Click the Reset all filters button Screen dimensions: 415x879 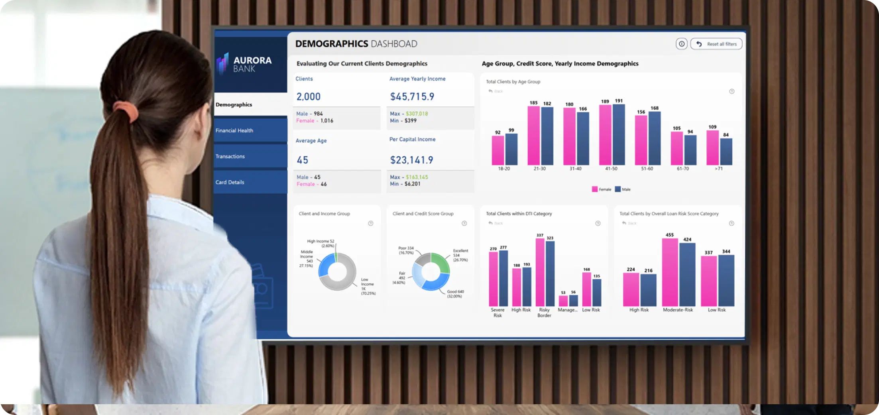click(x=716, y=44)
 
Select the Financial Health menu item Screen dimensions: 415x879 click(x=234, y=130)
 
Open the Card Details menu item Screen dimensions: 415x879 click(x=230, y=182)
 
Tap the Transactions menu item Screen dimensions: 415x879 click(x=230, y=156)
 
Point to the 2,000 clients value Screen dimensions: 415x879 click(x=309, y=96)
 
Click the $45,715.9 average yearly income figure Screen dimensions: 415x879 click(x=412, y=96)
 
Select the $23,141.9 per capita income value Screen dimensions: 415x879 click(x=411, y=160)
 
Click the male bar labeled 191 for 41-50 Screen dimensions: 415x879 click(x=618, y=135)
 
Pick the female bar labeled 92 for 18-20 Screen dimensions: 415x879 click(x=498, y=150)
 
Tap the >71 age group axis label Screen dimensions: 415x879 click(x=718, y=169)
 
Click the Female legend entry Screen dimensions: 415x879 click(x=601, y=189)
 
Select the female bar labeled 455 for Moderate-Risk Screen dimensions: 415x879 click(x=670, y=272)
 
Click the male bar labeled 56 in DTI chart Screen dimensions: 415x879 click(x=573, y=301)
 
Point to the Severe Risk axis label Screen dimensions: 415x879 click(x=498, y=313)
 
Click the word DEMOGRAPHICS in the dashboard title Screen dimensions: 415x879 click(x=332, y=44)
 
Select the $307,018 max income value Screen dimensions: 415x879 click(x=417, y=114)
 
